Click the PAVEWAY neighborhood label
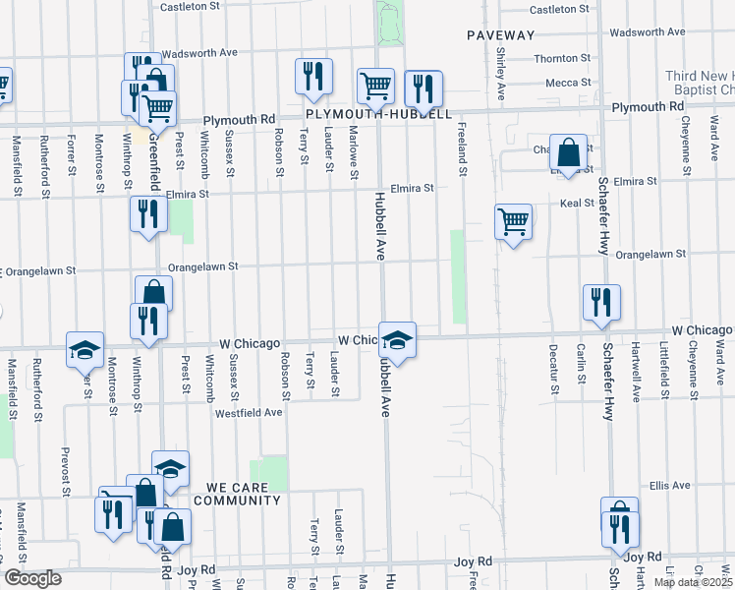(500, 35)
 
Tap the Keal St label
(573, 204)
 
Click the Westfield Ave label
(250, 413)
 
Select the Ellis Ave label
(671, 486)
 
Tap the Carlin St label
(582, 366)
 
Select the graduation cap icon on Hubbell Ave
(397, 340)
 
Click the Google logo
(32, 578)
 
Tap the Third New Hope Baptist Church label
(699, 83)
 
